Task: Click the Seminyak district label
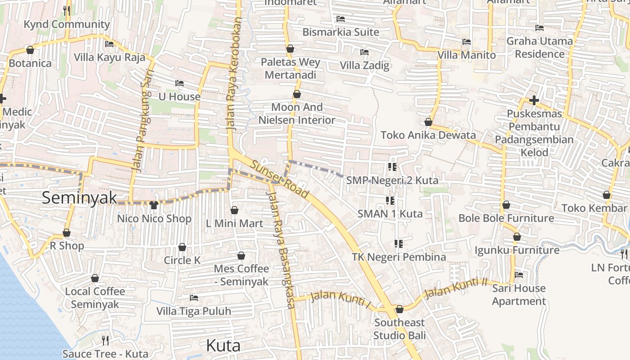[x=79, y=198]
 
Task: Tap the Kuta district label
[x=223, y=346]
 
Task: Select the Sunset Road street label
[x=280, y=179]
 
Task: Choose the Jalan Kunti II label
[x=456, y=288]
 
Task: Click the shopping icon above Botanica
[x=30, y=50]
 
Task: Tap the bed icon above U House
[x=180, y=83]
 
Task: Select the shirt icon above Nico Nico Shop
[x=154, y=205]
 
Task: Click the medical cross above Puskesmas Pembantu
[x=534, y=100]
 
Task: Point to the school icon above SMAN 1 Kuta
[x=390, y=200]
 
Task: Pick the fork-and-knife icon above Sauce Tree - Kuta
[x=105, y=340]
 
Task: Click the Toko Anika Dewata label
[x=428, y=135]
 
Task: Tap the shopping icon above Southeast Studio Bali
[x=399, y=309]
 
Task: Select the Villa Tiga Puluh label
[x=193, y=311]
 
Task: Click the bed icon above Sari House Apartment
[x=519, y=274]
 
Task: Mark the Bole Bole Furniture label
[x=506, y=218]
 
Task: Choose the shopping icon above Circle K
[x=182, y=247]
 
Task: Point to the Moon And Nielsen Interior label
[x=297, y=113]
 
